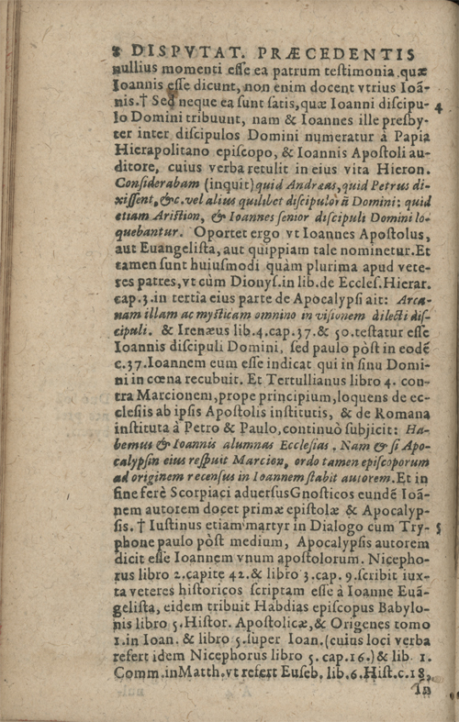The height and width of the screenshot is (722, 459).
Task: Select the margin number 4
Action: coord(439,107)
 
